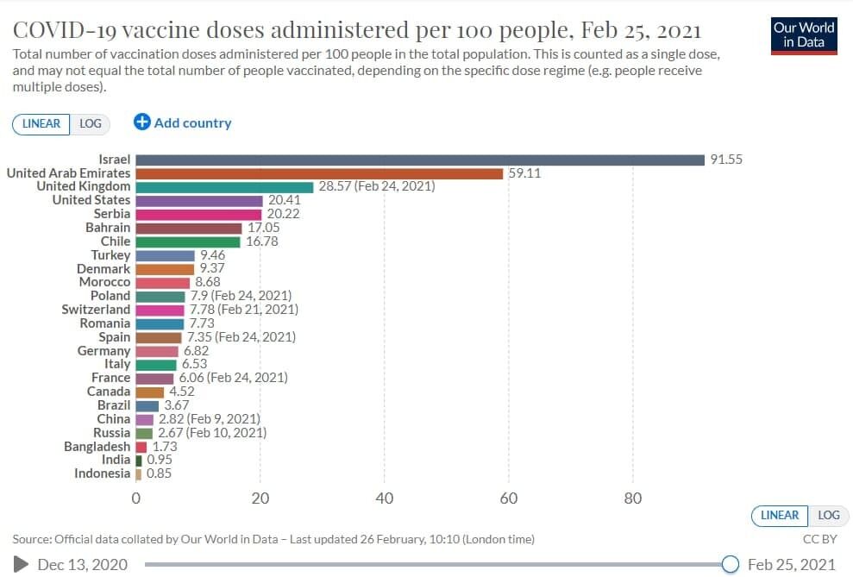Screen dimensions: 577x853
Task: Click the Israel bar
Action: (x=420, y=160)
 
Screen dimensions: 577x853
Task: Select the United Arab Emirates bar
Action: (x=319, y=173)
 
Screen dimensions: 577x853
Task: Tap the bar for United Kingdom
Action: (x=224, y=186)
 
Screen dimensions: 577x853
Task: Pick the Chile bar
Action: (x=188, y=241)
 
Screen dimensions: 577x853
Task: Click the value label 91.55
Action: (x=725, y=160)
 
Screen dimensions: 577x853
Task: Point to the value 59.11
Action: (x=524, y=173)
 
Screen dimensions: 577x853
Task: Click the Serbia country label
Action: (x=112, y=214)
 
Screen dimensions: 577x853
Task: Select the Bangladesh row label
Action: (x=97, y=447)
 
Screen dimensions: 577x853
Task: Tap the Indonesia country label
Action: (x=102, y=474)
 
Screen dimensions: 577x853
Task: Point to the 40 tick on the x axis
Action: (x=385, y=499)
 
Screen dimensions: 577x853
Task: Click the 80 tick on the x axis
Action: (x=633, y=499)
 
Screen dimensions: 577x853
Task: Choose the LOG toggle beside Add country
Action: (x=91, y=123)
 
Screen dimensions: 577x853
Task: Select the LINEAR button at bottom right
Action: (x=780, y=515)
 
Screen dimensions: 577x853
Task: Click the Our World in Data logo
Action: (x=805, y=34)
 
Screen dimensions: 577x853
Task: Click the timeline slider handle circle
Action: (x=730, y=564)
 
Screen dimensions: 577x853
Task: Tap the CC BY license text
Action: (x=819, y=539)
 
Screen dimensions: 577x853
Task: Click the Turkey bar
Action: (x=166, y=255)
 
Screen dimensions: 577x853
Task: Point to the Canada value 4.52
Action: (x=182, y=392)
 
